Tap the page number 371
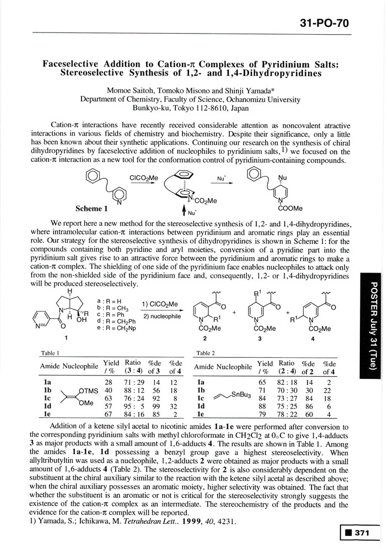tap(365, 533)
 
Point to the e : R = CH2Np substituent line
tap(118, 319)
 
